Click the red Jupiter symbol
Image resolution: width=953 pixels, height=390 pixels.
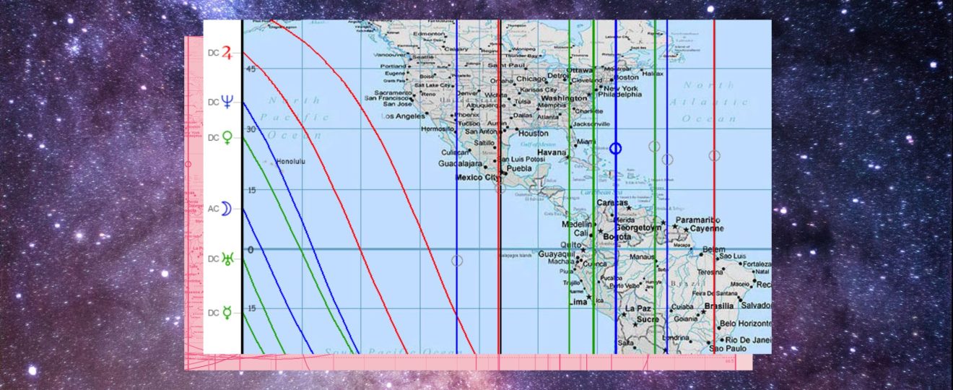[x=227, y=53]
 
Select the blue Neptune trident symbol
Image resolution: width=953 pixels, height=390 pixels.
[x=227, y=102]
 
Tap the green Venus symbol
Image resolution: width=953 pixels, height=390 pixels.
[x=227, y=137]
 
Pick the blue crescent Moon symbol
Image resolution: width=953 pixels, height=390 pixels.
[x=227, y=209]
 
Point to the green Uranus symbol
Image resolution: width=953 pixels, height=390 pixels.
[x=227, y=259]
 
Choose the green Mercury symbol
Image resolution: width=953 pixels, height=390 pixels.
[x=227, y=313]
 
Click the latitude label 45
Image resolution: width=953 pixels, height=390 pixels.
[x=251, y=69]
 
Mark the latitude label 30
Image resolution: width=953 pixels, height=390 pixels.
[x=251, y=129]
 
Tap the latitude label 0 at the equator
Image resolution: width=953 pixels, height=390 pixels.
[x=251, y=250]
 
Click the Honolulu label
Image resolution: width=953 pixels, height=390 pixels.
[x=291, y=162]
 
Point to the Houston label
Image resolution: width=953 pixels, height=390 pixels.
[x=534, y=134]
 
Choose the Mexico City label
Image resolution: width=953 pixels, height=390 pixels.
[x=477, y=177]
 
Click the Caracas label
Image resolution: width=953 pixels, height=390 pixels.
[x=612, y=203]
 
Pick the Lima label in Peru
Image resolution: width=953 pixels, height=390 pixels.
[x=578, y=300]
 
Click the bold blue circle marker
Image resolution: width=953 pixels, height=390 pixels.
[x=615, y=148]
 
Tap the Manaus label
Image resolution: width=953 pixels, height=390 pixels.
[x=641, y=256]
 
